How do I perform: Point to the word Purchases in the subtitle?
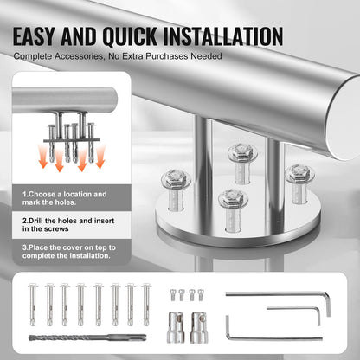point(172,56)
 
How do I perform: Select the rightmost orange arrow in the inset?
point(100,156)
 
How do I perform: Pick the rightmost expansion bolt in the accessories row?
point(145,307)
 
